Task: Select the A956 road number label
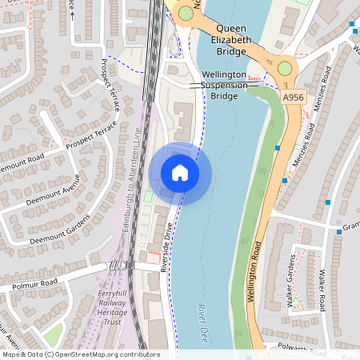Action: point(294,95)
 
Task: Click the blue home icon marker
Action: point(180,173)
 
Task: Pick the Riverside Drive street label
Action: point(167,248)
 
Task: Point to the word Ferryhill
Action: point(113,294)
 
